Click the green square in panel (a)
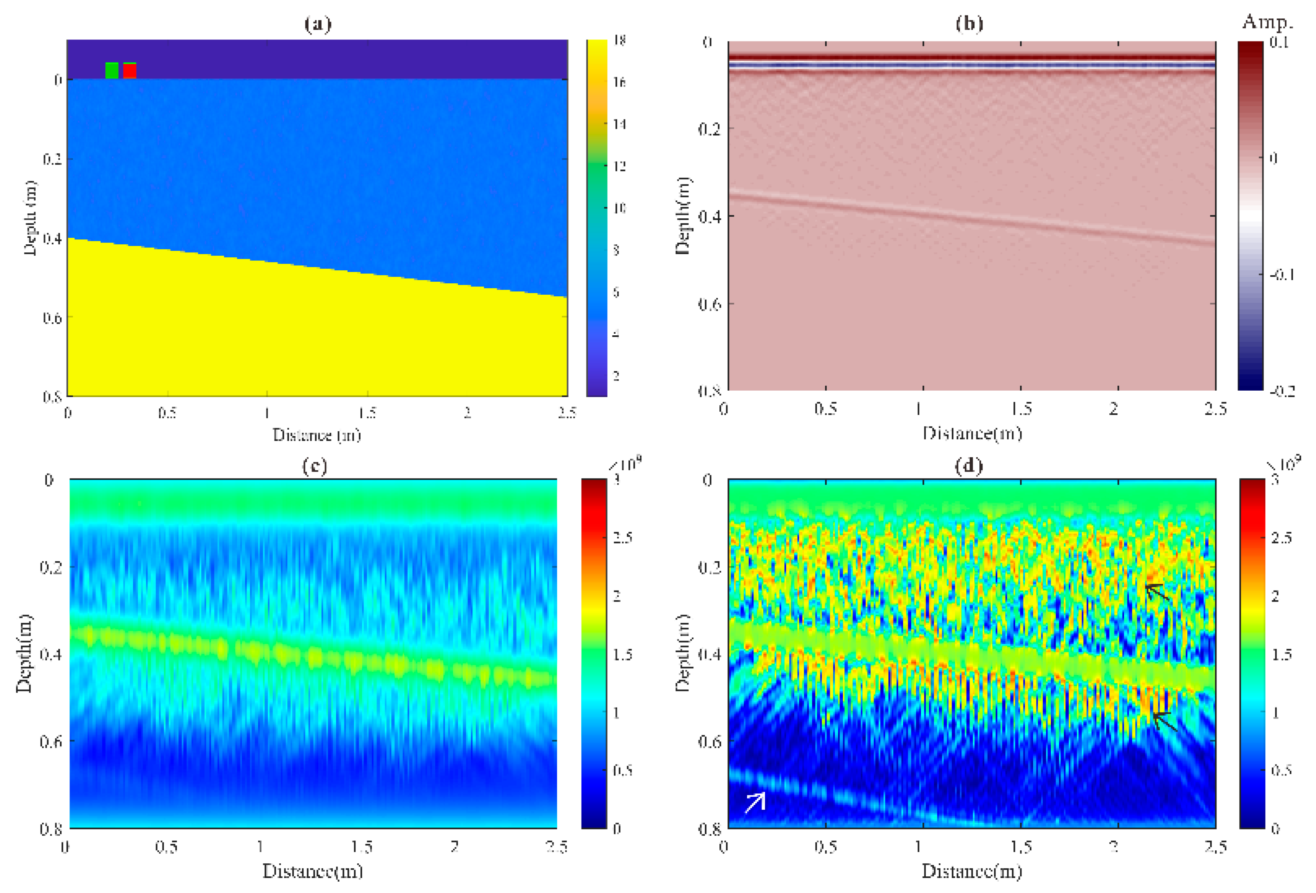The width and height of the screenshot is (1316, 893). coord(112,70)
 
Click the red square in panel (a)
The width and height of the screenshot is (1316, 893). coord(130,71)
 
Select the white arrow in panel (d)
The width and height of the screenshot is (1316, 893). coord(755,802)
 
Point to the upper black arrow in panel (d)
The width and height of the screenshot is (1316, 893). coord(1157,592)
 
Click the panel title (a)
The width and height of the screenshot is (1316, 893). coord(318,24)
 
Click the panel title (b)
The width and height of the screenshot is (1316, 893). coord(969,24)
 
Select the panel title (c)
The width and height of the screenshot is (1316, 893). coord(314,466)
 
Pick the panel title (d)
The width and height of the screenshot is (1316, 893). coord(969,466)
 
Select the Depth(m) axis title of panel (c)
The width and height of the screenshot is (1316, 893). coord(24,653)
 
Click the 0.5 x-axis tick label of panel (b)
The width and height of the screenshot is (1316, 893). coord(826,408)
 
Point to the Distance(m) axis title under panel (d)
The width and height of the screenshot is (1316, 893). coord(972,871)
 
